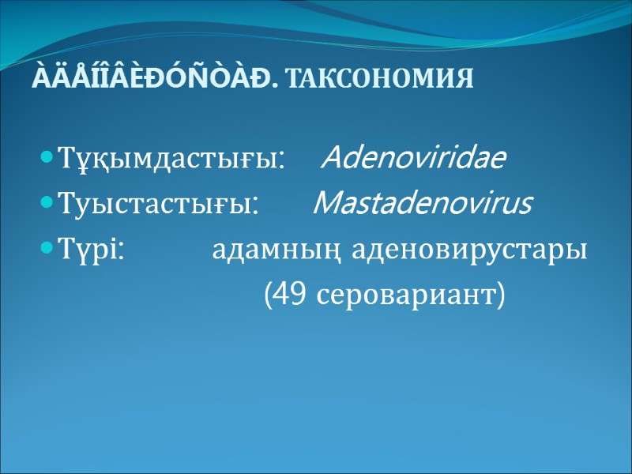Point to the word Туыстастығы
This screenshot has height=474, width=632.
coord(156,206)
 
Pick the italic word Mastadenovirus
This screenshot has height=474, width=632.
coord(423,205)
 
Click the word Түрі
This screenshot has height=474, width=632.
coord(86,251)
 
